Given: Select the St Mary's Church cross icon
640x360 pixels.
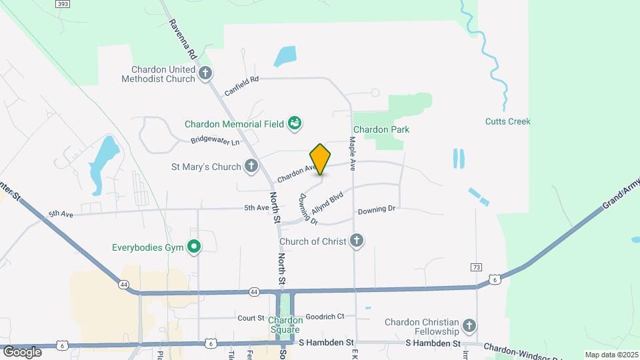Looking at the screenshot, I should [x=251, y=165].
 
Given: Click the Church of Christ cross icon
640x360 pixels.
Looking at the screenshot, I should [x=357, y=241].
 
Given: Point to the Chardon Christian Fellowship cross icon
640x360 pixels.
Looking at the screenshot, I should [x=469, y=326].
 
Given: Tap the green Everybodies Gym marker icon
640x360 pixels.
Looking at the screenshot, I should [x=194, y=248].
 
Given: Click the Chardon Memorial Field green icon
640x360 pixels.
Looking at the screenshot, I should [x=294, y=123].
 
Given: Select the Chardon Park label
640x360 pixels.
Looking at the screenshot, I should [x=381, y=129].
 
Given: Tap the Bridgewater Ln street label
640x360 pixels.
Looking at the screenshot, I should [x=215, y=141].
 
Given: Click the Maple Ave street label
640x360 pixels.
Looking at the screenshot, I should [x=351, y=153].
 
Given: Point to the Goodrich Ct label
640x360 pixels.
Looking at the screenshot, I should [x=325, y=317].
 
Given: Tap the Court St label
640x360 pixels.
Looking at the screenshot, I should [x=251, y=318].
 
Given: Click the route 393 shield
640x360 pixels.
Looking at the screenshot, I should [x=62, y=4].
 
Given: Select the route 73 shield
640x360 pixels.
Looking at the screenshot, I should [x=475, y=267].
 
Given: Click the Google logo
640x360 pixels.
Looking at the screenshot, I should [x=23, y=351].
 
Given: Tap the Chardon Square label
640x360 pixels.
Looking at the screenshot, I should [x=285, y=325].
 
